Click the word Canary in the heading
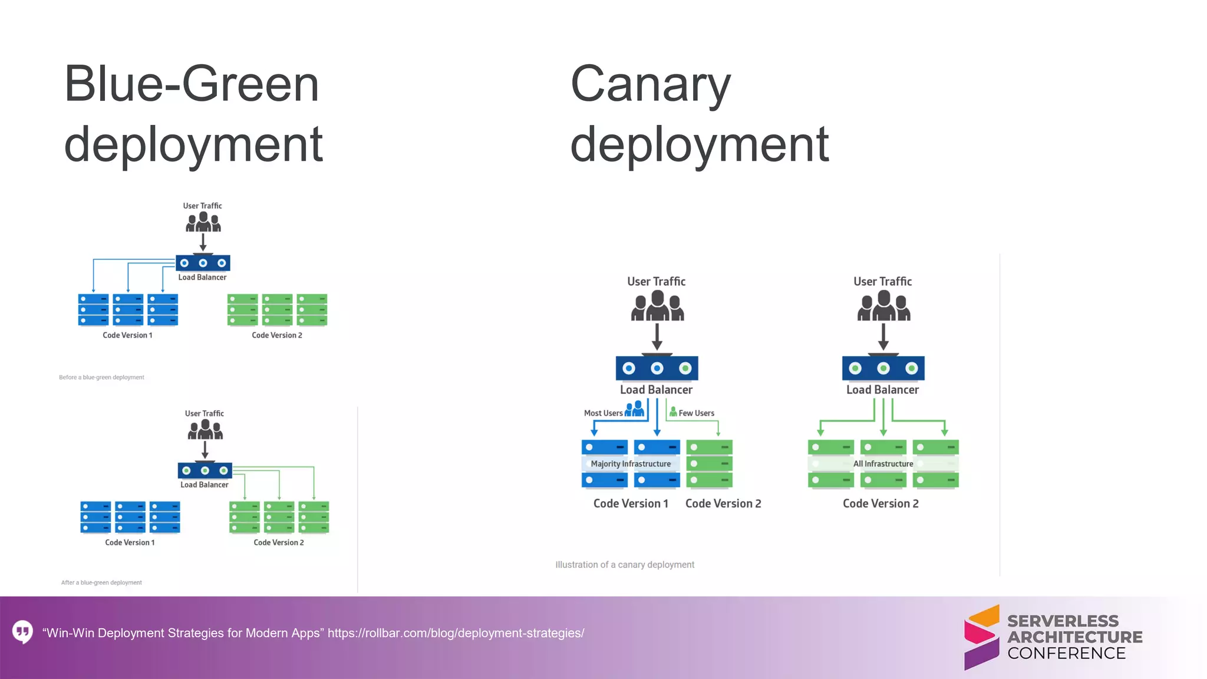[651, 85]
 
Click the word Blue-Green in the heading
[192, 84]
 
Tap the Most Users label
[603, 413]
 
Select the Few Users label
[696, 413]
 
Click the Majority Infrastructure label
[631, 464]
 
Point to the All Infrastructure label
[883, 464]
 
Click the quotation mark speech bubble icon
[23, 632]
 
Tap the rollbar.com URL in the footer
[456, 633]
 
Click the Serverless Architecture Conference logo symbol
[981, 637]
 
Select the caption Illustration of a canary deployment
[625, 565]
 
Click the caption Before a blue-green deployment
[101, 377]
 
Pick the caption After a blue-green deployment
[101, 582]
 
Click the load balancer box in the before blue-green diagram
[203, 263]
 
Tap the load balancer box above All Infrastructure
[883, 368]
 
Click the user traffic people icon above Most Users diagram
[657, 306]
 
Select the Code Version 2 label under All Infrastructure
[880, 503]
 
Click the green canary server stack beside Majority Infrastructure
[709, 464]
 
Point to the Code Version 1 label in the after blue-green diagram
[130, 542]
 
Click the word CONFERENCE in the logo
[1066, 653]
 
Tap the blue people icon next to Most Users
[635, 408]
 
